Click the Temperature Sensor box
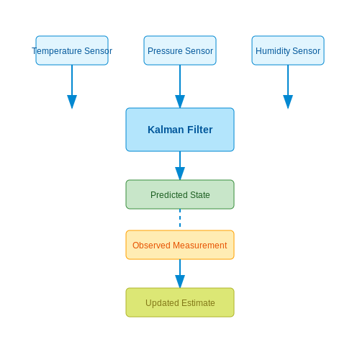point(72,50)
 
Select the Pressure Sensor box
point(180,50)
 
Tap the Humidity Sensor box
point(288,50)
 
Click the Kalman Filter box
point(180,130)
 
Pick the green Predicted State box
point(180,194)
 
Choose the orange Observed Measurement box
point(180,245)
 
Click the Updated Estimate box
point(180,302)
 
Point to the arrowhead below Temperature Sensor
point(72,102)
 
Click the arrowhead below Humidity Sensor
point(288,102)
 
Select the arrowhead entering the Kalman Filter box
point(180,102)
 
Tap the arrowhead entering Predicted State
point(180,174)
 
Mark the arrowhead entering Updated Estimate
point(180,282)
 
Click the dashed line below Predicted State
point(180,218)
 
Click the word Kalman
point(166,130)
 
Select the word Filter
point(200,130)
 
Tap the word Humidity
point(273,51)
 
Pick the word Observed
point(151,246)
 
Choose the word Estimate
point(198,303)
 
